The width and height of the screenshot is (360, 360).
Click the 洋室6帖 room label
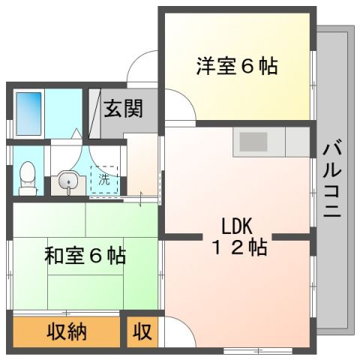pyautogui.click(x=237, y=67)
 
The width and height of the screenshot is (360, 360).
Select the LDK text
pyautogui.click(x=239, y=225)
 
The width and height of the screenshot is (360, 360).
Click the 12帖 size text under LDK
pyautogui.click(x=238, y=248)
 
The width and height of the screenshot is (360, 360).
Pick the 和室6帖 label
pyautogui.click(x=84, y=255)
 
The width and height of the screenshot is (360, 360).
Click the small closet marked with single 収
pyautogui.click(x=142, y=331)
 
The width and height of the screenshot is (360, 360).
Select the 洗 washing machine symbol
pyautogui.click(x=104, y=179)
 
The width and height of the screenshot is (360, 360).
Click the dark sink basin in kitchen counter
pyautogui.click(x=253, y=140)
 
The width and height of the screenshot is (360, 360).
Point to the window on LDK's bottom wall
pyautogui.click(x=258, y=351)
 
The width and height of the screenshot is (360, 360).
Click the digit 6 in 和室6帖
pyautogui.click(x=95, y=256)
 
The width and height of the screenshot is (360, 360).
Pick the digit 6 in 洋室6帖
pyautogui.click(x=247, y=67)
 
